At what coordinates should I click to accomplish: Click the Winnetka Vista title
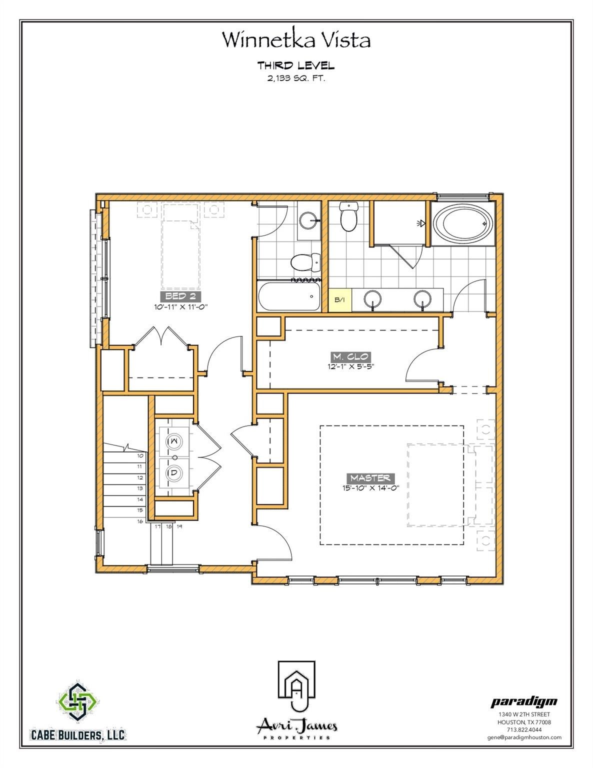296,39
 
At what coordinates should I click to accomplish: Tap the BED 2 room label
180,296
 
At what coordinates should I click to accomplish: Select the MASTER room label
370,478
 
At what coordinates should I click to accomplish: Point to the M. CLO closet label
350,356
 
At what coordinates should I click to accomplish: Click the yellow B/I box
340,300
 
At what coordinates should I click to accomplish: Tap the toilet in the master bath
349,216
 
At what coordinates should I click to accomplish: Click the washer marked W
174,441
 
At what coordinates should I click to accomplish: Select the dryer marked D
174,472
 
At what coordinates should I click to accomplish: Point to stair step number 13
140,488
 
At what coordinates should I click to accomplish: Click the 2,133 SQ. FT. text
296,78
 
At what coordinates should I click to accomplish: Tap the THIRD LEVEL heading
296,65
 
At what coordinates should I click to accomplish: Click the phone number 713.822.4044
524,729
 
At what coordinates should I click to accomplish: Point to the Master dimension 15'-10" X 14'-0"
370,488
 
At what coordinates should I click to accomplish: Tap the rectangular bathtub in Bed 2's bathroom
289,296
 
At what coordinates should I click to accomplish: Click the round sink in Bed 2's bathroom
309,221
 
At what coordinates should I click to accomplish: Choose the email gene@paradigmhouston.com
524,737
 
